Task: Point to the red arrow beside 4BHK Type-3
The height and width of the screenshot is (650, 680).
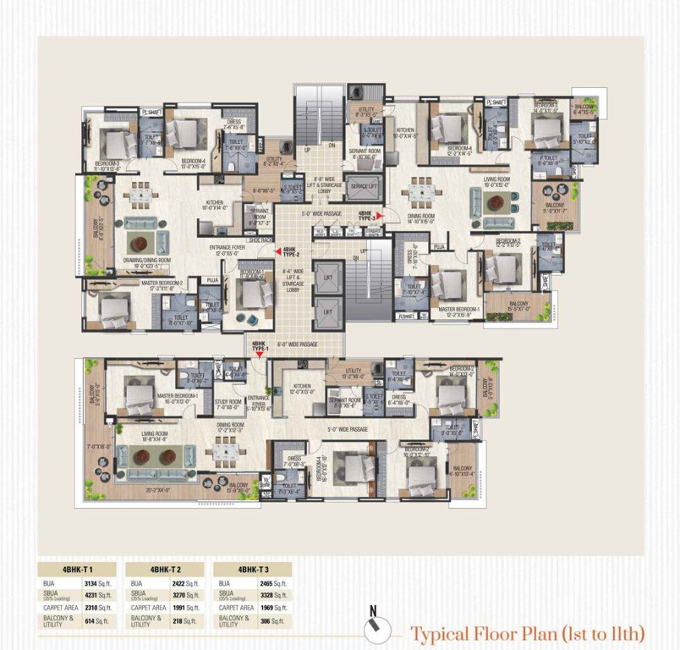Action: [x=380, y=216]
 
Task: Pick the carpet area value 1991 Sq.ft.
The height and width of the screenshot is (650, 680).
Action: [x=184, y=608]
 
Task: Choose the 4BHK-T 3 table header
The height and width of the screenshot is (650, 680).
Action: [x=254, y=570]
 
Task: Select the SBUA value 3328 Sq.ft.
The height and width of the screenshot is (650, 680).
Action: [x=272, y=596]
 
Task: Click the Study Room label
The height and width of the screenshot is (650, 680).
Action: [x=228, y=403]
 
